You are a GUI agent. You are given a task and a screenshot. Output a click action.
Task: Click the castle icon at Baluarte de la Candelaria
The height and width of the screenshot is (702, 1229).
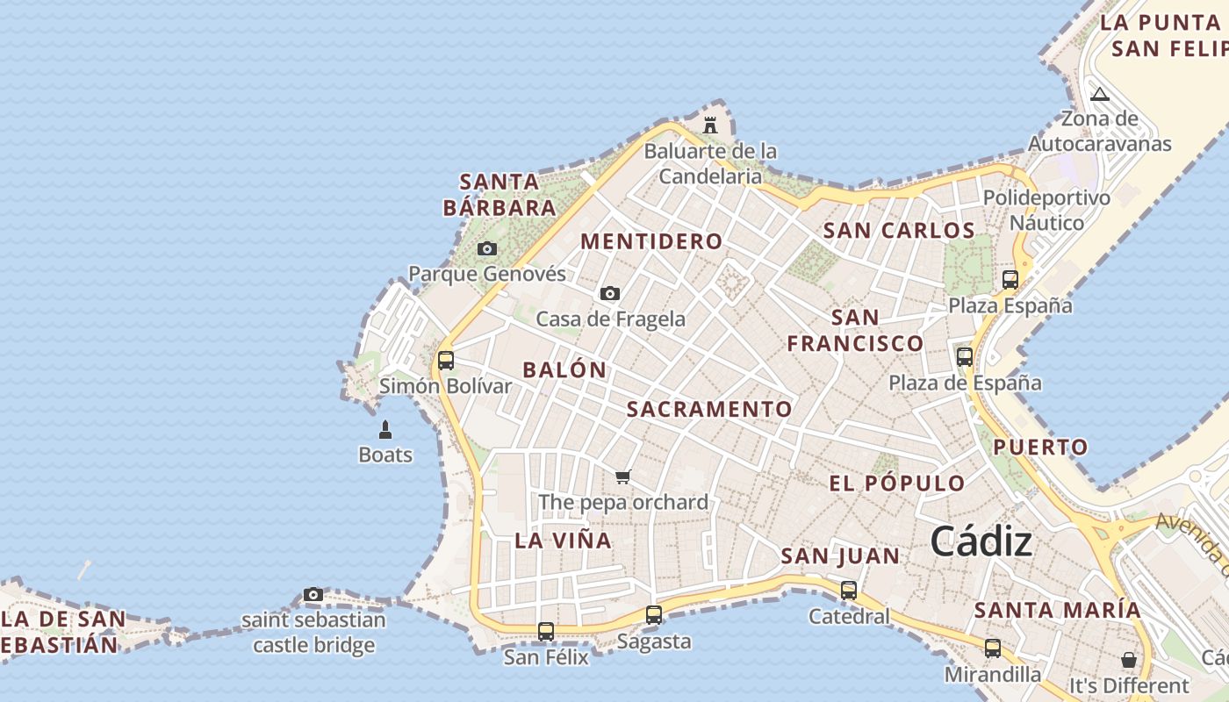coord(710,125)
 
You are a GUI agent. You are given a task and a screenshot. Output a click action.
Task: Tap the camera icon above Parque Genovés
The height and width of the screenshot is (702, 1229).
coord(487,249)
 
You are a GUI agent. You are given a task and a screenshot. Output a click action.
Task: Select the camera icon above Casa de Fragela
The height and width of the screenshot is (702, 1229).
coord(610,293)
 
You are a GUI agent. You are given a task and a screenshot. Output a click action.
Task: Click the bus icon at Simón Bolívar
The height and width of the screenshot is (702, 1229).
coord(446,360)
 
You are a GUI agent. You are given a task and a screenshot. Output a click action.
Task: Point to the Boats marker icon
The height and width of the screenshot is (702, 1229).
coord(385,429)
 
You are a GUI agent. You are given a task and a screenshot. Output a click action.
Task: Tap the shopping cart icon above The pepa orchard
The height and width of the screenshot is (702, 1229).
coord(623,476)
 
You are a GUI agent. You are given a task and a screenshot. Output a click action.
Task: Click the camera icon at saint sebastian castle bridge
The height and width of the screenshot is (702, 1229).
coord(313,595)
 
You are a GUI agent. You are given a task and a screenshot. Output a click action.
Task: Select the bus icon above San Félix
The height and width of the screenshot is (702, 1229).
coord(546,631)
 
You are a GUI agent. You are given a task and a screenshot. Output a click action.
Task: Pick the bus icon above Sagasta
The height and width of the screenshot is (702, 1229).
coord(654,615)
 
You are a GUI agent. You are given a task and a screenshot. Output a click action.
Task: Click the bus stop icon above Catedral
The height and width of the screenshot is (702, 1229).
coord(849,591)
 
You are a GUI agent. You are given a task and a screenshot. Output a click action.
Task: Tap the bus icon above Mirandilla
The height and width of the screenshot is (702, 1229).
coord(993,648)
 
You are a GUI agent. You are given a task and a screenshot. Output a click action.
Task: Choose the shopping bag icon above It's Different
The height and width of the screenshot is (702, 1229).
coord(1129,659)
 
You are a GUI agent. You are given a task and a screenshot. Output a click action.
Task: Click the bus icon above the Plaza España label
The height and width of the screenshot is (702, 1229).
coord(1010,280)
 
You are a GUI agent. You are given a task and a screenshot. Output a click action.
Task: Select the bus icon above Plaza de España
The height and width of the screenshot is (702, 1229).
coord(965,357)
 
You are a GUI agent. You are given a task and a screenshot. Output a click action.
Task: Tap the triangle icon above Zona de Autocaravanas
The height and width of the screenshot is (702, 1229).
coord(1100,94)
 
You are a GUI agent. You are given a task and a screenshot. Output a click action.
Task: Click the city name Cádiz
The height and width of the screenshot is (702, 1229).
coord(981,541)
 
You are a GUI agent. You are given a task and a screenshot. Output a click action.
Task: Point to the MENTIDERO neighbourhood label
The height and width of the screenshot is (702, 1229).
coord(651,241)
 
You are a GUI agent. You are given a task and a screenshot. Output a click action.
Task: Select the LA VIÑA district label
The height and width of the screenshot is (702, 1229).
coord(563,541)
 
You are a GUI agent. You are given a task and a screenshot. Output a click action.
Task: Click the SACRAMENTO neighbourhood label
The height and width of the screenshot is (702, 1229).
coord(709,409)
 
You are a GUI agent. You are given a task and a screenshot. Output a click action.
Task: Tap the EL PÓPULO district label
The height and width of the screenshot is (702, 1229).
coord(897,483)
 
